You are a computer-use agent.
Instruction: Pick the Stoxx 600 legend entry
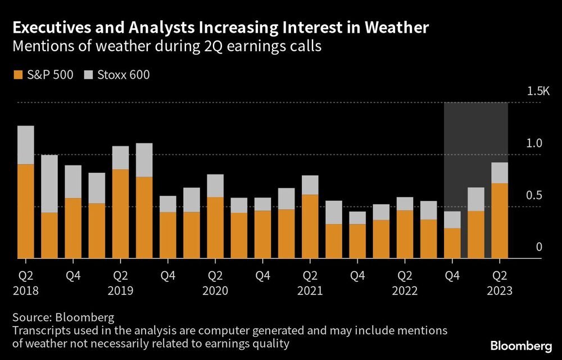117,74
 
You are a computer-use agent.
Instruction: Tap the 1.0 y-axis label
534,143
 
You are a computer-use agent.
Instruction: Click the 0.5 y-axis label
534,195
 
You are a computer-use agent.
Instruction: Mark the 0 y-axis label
538,247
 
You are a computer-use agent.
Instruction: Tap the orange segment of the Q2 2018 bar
26,211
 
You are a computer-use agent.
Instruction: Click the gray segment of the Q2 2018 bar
26,145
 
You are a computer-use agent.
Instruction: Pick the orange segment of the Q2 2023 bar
500,220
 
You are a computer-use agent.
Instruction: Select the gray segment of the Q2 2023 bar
500,173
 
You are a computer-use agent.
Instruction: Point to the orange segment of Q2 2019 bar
120,214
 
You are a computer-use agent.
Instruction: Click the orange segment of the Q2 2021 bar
310,226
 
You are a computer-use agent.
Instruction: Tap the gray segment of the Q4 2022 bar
452,219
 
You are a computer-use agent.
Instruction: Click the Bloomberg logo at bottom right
520,344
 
